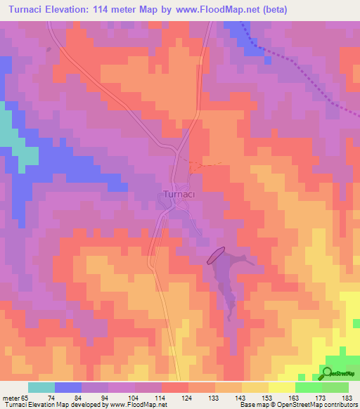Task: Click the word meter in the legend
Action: [x=10, y=397]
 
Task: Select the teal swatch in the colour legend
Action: [x=41, y=387]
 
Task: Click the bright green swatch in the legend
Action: [x=308, y=387]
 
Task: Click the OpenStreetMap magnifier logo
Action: [x=328, y=373]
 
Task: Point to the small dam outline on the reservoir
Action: [x=216, y=254]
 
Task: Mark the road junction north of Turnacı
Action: [x=175, y=149]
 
